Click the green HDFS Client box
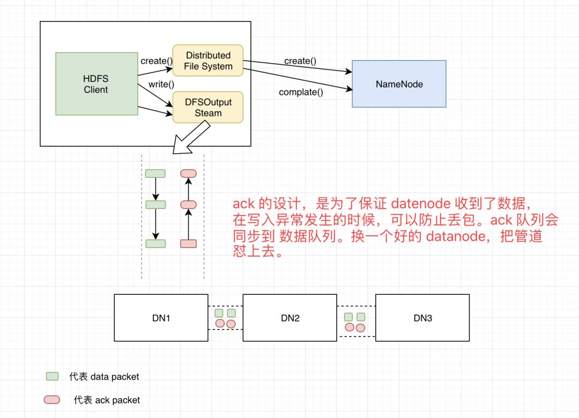click(96, 84)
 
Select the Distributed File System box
click(208, 61)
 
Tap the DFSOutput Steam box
click(208, 107)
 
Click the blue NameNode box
click(399, 84)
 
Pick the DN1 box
click(161, 318)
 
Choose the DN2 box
click(290, 318)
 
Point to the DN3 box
click(422, 318)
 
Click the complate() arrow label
click(301, 92)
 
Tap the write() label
click(161, 84)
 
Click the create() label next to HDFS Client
click(157, 61)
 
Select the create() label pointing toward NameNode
click(300, 61)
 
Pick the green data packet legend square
click(53, 376)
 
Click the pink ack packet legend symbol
click(51, 400)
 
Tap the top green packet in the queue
click(155, 174)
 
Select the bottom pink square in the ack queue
click(188, 244)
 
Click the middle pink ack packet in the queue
click(188, 205)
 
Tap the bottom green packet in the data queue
click(155, 244)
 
